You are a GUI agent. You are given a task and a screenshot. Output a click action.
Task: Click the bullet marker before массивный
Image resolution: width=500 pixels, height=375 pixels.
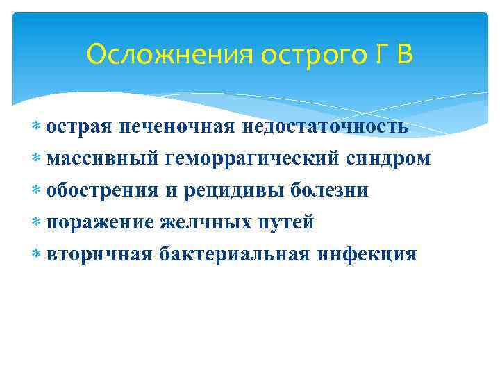[x=36, y=159]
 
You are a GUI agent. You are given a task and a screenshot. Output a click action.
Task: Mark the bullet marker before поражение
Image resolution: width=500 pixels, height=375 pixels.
[x=36, y=222]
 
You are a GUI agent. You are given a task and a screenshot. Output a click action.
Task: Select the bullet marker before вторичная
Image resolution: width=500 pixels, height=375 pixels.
[x=36, y=254]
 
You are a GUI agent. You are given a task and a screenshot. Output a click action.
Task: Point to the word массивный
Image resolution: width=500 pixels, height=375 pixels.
[x=102, y=159]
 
